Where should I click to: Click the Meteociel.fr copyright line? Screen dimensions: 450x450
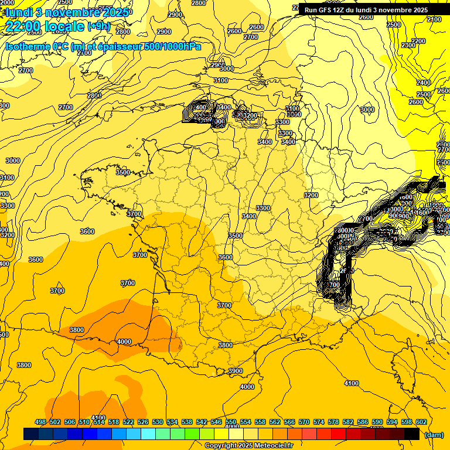tap(248, 445)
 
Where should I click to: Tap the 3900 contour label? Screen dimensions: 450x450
tap(236, 371)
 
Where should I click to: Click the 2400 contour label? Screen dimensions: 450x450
tap(423, 83)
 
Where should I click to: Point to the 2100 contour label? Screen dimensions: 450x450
tap(434, 20)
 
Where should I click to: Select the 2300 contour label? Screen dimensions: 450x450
tap(408, 45)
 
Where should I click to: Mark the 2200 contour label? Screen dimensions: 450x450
tap(418, 41)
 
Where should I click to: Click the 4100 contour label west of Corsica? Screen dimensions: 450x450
tap(351, 383)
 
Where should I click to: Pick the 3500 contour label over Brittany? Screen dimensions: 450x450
tap(123, 173)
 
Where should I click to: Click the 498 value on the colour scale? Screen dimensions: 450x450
tap(40, 422)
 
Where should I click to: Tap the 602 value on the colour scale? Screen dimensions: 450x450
tap(421, 422)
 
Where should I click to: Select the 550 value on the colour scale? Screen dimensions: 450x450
tap(230, 422)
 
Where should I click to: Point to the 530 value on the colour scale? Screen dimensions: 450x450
tap(157, 422)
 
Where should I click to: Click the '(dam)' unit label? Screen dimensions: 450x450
tap(434, 434)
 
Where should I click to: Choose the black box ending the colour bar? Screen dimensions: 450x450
tap(411, 434)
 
